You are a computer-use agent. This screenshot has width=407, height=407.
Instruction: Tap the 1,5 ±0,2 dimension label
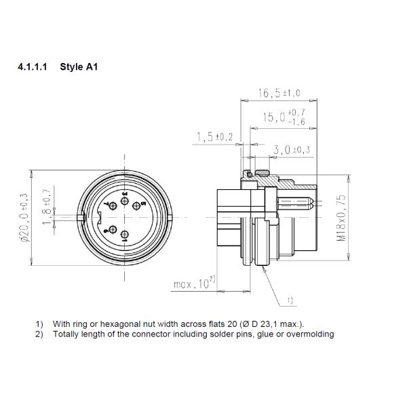coord(214,138)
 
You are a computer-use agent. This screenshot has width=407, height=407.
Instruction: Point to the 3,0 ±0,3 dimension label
coord(291,149)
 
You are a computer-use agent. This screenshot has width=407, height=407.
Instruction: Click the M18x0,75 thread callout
coord(341,217)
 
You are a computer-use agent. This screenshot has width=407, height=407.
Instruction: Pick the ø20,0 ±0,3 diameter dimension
coord(25,217)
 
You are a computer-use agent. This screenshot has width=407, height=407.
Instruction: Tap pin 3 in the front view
coord(125,199)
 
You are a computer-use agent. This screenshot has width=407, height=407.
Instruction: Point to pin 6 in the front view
coord(113,229)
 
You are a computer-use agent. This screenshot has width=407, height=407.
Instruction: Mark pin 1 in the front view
coord(125,236)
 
